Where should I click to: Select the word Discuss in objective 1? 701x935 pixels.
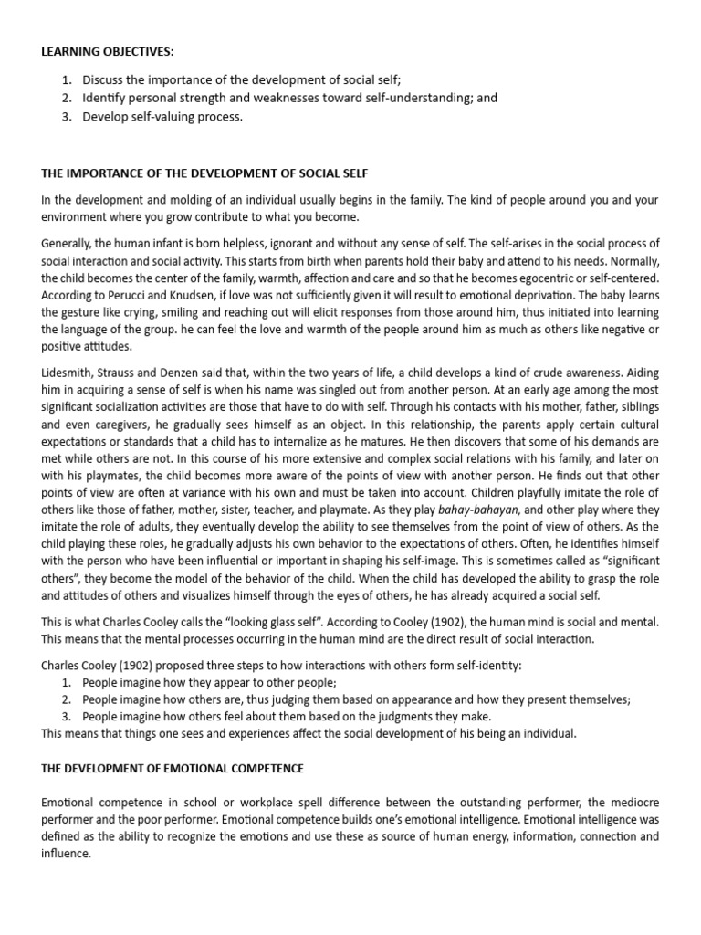(x=103, y=80)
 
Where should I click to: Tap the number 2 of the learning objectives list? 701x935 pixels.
(x=66, y=98)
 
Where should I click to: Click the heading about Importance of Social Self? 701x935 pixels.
(x=205, y=173)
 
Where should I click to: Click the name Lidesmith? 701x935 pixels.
(x=69, y=373)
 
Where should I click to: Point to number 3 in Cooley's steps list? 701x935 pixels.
(x=66, y=716)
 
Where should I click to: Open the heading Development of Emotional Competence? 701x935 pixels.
(x=173, y=768)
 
